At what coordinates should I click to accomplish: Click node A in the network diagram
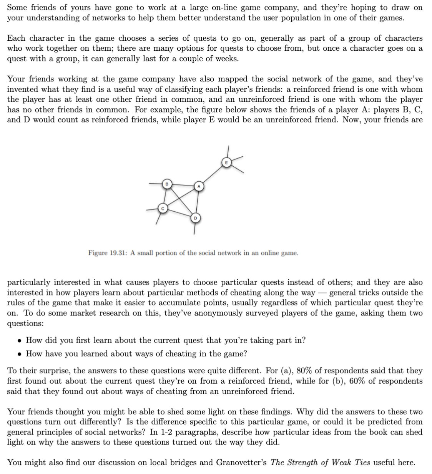(198, 186)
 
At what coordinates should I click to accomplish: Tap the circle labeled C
(163, 208)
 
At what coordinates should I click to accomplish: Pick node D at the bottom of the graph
(195, 218)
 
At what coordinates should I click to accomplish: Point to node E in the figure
(226, 163)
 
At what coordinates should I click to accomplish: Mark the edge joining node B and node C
(164, 196)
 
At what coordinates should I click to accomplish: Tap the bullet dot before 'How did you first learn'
(19, 341)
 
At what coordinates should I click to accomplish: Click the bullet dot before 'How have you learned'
(19, 354)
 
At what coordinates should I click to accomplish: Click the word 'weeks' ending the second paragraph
(226, 58)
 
